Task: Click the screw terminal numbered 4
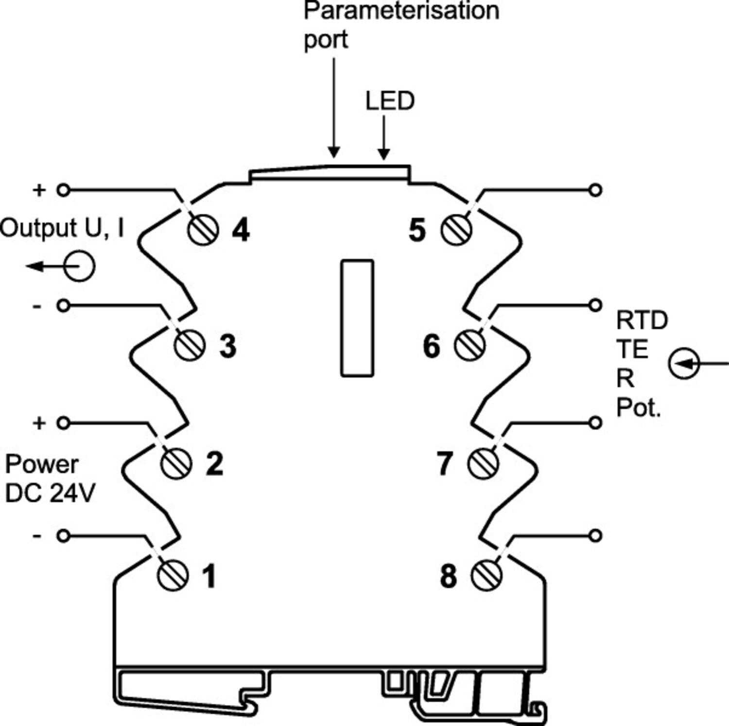coord(203,230)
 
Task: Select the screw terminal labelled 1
coord(173,575)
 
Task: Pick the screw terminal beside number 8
coord(486,575)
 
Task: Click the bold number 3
coord(228,346)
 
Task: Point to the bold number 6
coord(432,346)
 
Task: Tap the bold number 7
coord(445,463)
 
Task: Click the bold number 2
coord(215,463)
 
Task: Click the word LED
coord(390,101)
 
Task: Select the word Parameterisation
coord(401,11)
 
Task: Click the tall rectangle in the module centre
coord(357,318)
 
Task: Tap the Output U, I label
coord(62,228)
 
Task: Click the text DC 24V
coord(50,494)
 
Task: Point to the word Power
coord(42,465)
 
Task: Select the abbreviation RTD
coord(642,321)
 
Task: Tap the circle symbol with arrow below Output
coord(79,266)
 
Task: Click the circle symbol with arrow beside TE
coord(684,363)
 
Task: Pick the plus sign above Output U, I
coord(39,190)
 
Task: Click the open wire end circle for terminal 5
coord(595,190)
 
